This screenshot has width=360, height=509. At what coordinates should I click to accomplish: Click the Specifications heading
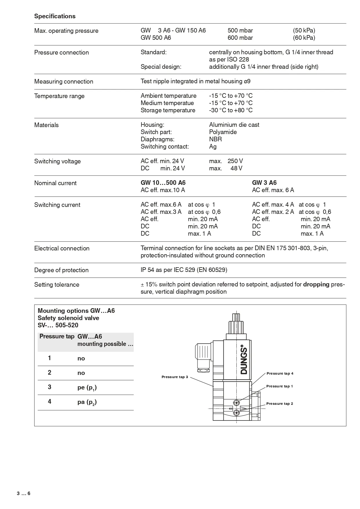point(55,16)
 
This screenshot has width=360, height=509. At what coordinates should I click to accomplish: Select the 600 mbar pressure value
point(240,38)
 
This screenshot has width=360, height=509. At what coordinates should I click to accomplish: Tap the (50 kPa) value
point(304,30)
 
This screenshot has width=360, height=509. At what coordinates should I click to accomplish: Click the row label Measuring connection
point(64,82)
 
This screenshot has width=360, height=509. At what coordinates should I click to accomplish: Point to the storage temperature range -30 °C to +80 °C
point(231,110)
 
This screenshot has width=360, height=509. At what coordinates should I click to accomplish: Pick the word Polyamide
point(223,132)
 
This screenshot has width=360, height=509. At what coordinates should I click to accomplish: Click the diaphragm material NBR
point(215,139)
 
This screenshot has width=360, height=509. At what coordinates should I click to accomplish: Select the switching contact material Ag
point(213,147)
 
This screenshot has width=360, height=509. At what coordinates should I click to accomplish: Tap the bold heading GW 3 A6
point(264,183)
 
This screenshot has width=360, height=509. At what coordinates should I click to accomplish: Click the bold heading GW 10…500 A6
point(163,183)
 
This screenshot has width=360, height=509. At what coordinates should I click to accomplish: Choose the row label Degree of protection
point(61,270)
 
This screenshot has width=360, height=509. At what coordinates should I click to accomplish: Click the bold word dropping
point(316,284)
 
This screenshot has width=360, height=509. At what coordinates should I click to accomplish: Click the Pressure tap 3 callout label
point(175,377)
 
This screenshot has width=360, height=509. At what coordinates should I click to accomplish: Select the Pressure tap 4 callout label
point(280,373)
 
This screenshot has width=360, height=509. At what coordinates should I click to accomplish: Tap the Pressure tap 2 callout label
point(279,404)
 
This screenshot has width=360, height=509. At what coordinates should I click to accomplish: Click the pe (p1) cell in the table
point(87,388)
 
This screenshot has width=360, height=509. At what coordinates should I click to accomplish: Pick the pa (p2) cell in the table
point(87,402)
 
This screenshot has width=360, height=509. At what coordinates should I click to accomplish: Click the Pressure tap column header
point(57,337)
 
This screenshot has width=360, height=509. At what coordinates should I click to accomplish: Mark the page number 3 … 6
point(23,494)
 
